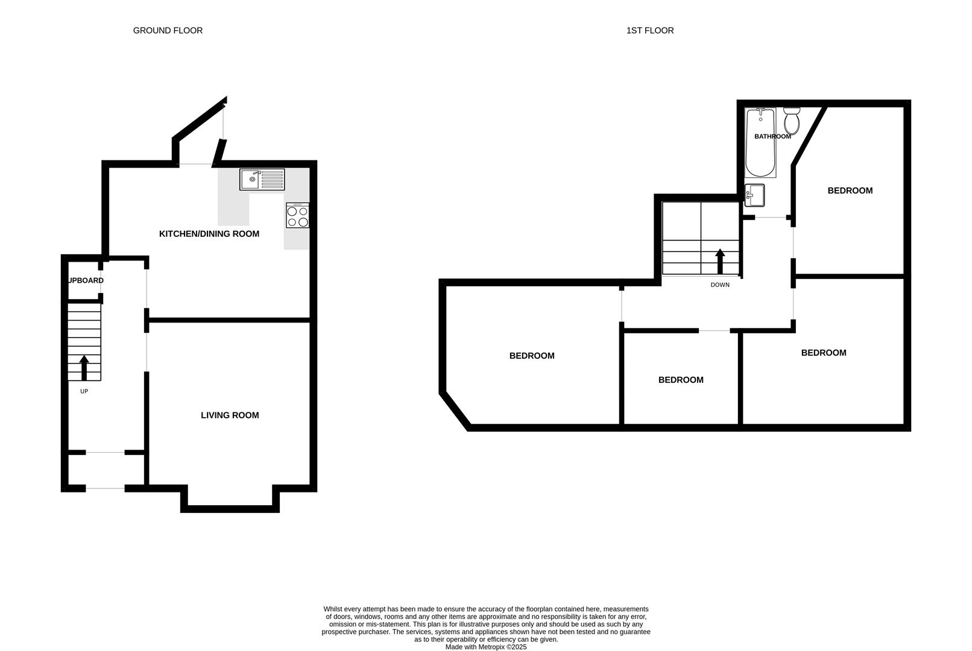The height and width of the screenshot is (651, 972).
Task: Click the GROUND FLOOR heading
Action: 168,30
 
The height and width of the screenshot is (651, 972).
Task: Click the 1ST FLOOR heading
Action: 649,30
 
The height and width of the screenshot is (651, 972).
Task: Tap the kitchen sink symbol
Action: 262,179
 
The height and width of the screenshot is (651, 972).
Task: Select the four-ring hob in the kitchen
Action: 297,216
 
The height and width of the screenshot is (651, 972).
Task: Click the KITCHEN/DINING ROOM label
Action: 209,234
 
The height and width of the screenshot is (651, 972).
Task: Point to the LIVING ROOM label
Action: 230,415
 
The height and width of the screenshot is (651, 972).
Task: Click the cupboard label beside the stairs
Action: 85,280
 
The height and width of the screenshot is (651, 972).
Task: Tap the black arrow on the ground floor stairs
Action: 84,368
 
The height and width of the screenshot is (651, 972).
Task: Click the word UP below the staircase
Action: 84,391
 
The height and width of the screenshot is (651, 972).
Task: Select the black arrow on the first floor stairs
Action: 719,262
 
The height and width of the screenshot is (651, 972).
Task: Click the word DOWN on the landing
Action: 719,285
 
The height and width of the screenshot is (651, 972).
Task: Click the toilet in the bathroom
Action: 792,121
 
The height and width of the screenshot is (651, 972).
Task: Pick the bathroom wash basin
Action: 754,195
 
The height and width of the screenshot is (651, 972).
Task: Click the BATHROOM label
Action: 772,137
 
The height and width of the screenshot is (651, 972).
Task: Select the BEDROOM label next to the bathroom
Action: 850,190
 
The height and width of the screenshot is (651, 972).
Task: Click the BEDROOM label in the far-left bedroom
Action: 531,356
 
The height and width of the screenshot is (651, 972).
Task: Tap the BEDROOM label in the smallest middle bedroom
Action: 680,380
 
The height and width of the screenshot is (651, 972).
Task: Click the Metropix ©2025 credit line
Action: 486,647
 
